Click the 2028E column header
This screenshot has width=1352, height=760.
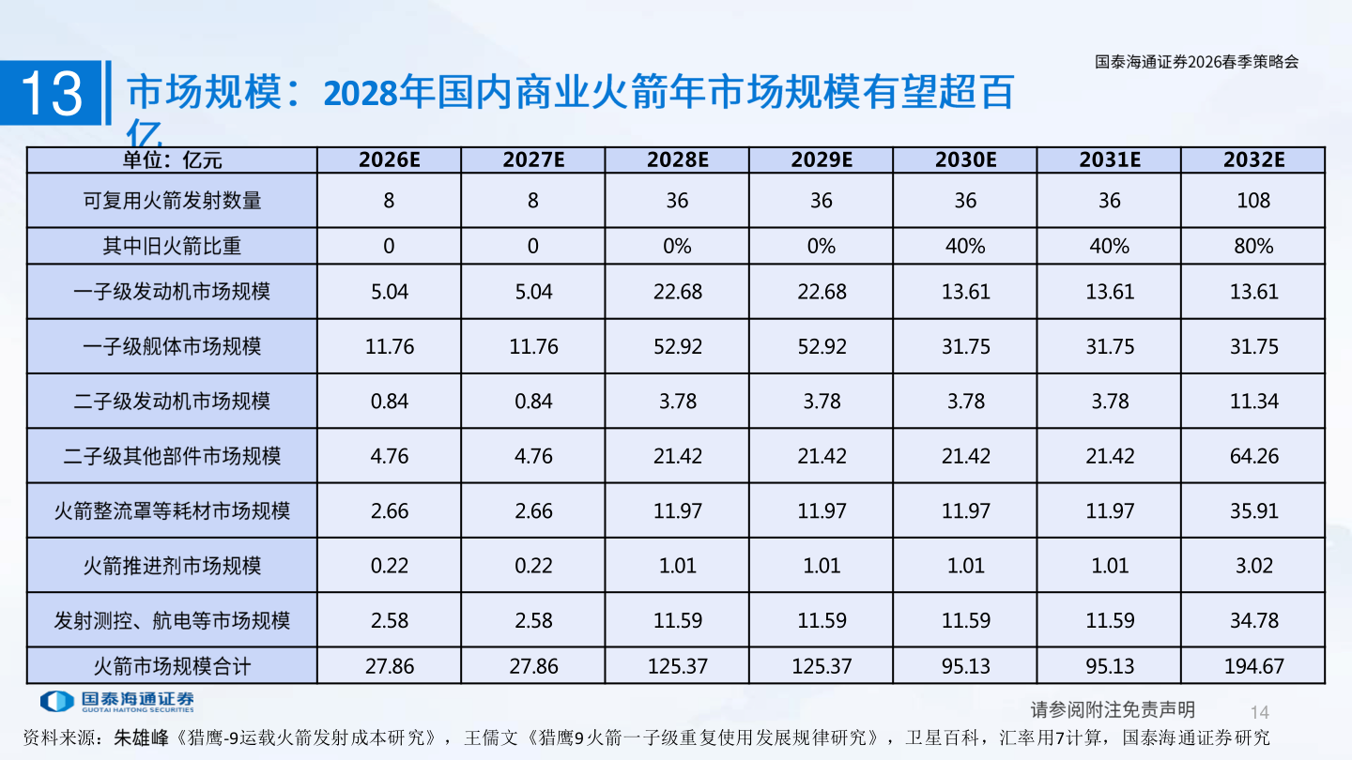(x=677, y=160)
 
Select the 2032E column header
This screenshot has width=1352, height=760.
(x=1253, y=160)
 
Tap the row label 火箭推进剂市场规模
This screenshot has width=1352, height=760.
(x=172, y=566)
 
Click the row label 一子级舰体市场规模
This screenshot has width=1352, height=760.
(x=172, y=346)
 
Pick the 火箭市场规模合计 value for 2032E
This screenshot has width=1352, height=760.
(x=1253, y=667)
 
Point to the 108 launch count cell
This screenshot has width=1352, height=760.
(x=1253, y=200)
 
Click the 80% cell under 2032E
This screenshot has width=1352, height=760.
(x=1253, y=246)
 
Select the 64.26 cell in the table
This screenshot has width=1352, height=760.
(x=1253, y=456)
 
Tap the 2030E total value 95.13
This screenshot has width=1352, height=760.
(x=965, y=667)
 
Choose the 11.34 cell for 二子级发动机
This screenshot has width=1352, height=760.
(x=1253, y=402)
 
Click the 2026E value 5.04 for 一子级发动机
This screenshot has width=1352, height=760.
(x=389, y=292)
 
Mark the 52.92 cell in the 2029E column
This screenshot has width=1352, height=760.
(x=822, y=346)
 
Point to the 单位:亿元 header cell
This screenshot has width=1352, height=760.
(x=172, y=160)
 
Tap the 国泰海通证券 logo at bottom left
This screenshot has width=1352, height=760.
(x=117, y=701)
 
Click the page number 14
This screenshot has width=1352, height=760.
(x=1260, y=711)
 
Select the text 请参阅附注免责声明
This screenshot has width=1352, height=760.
(x=1113, y=709)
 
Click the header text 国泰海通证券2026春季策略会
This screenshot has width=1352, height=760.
(x=1197, y=62)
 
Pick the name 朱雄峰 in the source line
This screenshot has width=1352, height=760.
(x=144, y=737)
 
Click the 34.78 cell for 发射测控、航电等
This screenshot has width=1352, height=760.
(x=1253, y=620)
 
